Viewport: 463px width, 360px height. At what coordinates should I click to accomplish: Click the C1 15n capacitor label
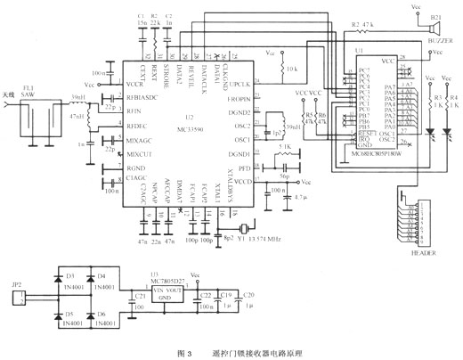pos(142,20)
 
